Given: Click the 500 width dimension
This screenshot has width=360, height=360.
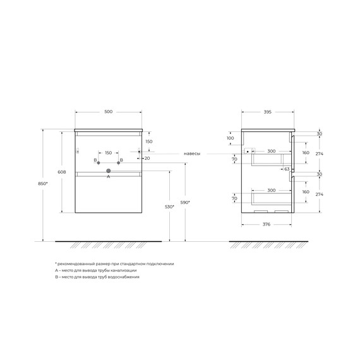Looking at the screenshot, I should (x=108, y=112).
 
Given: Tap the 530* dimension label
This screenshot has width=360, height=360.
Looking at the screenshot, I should (x=168, y=206).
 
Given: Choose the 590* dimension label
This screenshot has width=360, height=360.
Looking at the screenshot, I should (x=184, y=202).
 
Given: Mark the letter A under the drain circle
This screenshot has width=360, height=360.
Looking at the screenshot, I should (x=108, y=177).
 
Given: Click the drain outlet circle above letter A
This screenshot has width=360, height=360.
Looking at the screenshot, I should (x=108, y=171).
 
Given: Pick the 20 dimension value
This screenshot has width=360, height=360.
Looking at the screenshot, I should (x=147, y=159).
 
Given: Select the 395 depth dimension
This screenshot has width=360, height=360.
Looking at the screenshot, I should (x=267, y=112).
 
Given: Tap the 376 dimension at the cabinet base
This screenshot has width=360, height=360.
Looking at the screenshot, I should (x=267, y=225).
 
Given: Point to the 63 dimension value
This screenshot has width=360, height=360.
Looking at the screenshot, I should (x=286, y=169).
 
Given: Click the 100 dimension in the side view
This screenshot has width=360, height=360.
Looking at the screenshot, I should (x=230, y=138).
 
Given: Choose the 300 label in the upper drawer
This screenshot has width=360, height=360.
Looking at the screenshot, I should (x=271, y=152).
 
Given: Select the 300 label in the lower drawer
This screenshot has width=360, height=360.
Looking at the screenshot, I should (x=271, y=190).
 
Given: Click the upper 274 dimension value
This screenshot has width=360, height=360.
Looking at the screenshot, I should (x=319, y=153).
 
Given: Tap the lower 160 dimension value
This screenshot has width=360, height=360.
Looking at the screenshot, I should (x=306, y=191).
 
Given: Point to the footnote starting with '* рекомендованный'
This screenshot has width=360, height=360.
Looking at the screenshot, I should (x=114, y=263).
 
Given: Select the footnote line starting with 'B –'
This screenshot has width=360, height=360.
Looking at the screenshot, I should (x=97, y=277).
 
